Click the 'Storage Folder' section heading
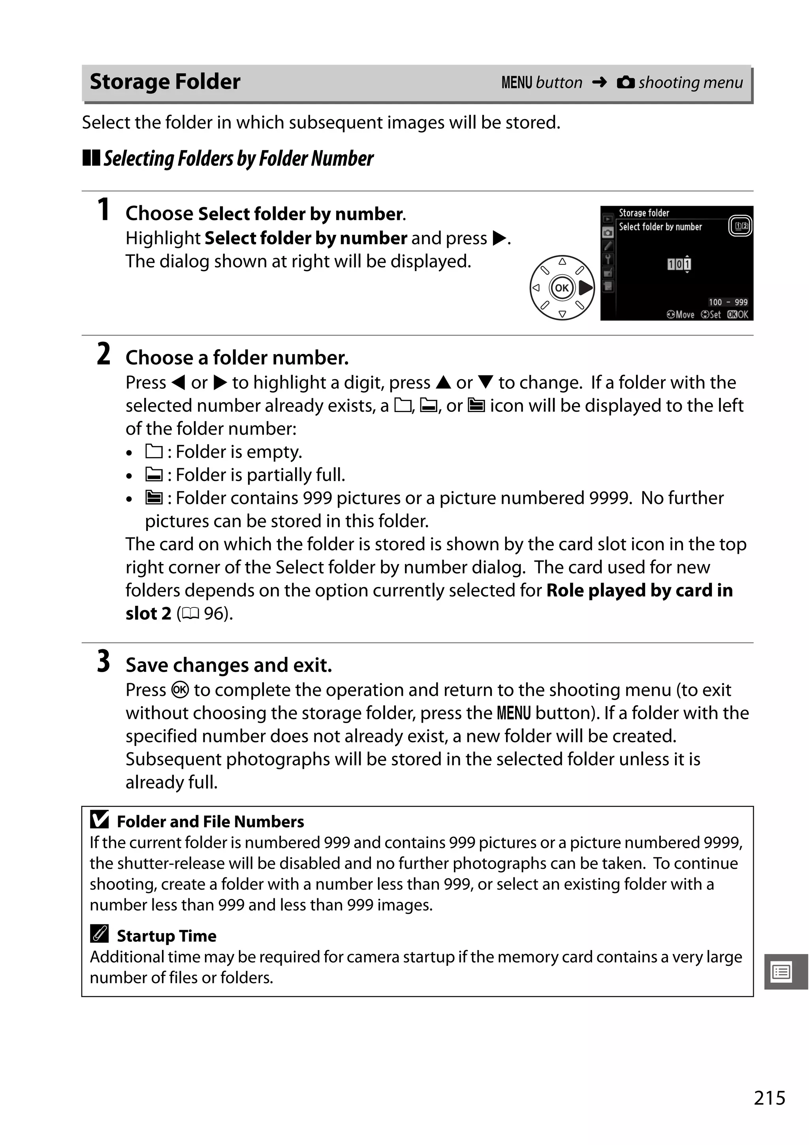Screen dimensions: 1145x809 [165, 82]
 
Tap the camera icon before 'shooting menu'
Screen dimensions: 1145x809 [625, 82]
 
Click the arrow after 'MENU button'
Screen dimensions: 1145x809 [599, 82]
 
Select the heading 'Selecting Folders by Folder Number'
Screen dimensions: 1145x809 [238, 159]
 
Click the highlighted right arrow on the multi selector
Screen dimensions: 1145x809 [585, 288]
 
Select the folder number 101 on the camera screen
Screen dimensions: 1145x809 [679, 264]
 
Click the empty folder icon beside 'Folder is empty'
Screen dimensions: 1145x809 [154, 451]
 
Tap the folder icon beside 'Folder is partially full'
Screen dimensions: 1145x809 [154, 474]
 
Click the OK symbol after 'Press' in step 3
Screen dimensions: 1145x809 [180, 690]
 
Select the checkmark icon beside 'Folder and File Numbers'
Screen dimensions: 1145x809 [99, 820]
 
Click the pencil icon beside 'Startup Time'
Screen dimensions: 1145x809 [99, 933]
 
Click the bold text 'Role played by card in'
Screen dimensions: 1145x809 [639, 590]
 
